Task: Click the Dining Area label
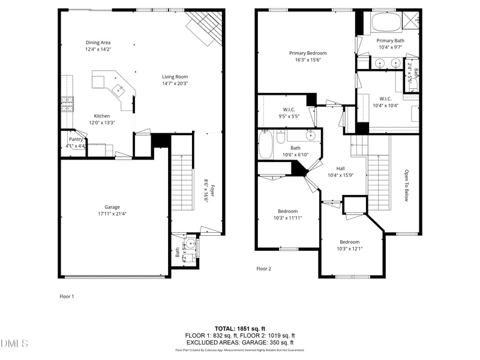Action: point(98,43)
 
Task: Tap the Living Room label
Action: point(175,77)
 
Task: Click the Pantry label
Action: point(76,139)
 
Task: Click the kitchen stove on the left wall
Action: point(67,105)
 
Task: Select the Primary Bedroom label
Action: point(308,53)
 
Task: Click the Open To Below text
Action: point(406,184)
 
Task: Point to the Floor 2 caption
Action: point(264,269)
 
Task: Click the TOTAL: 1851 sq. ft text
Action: point(240,328)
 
